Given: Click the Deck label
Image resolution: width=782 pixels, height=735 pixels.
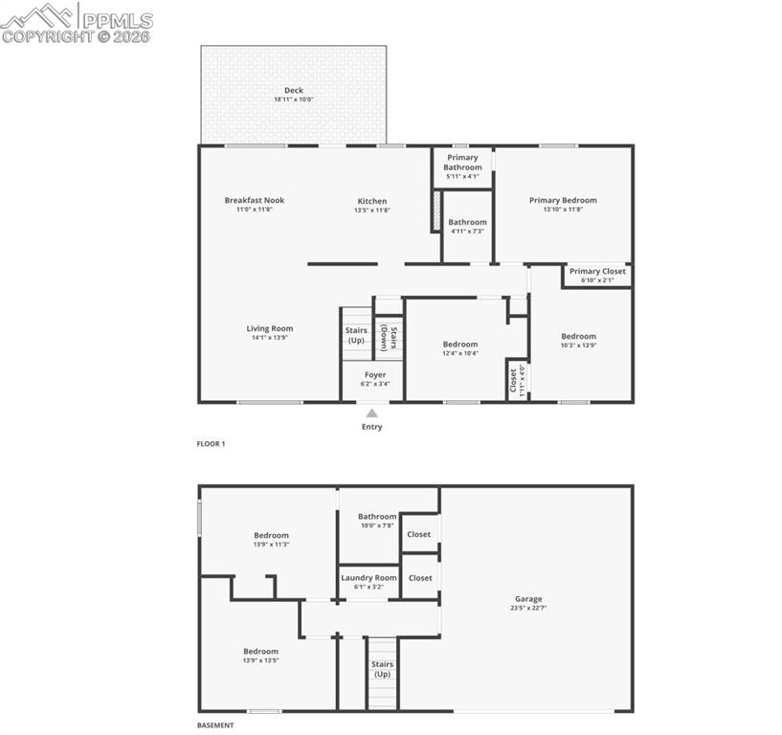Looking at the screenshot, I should (293, 91).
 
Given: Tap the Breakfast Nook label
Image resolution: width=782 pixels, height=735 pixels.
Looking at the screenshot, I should (255, 200).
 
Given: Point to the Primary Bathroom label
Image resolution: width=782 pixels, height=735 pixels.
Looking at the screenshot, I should (462, 163).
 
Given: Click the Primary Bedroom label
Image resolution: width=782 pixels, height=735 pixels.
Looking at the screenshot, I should (563, 200).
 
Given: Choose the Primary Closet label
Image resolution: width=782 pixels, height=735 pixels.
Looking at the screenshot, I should (597, 271).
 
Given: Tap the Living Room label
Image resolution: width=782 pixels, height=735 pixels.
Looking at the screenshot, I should (270, 328).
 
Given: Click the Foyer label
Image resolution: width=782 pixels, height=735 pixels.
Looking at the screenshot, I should (374, 375).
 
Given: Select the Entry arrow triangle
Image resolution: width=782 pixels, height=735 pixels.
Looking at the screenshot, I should (371, 412).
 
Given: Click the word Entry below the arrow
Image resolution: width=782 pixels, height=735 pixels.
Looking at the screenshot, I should (371, 427).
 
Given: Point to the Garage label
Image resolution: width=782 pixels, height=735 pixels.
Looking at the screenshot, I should (528, 599).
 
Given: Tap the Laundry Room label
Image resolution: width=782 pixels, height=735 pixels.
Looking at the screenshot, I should (369, 578).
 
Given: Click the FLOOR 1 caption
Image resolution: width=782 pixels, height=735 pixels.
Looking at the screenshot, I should (211, 444).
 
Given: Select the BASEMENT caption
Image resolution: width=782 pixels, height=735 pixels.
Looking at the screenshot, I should (215, 725).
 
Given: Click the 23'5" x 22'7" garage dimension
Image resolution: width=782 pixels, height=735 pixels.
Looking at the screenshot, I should (528, 609).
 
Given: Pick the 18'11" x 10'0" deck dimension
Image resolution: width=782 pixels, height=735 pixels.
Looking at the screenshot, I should (293, 100).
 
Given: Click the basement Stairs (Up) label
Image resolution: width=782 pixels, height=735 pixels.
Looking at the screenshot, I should (382, 669).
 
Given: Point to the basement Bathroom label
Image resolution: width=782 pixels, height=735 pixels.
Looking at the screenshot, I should (377, 517).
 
